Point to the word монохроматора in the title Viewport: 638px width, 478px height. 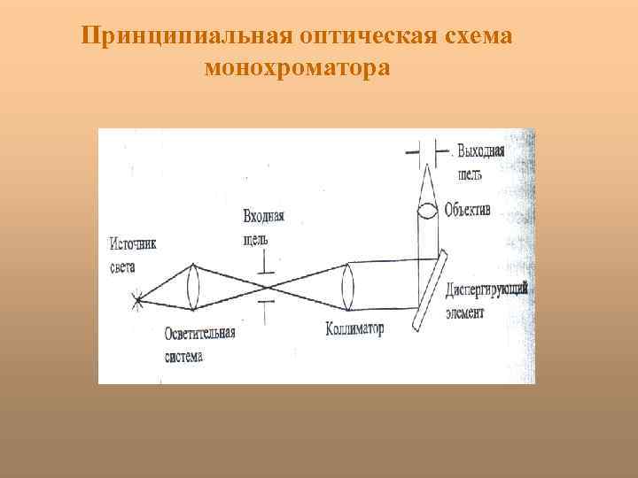[x=297, y=67]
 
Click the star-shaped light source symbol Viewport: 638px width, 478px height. [x=138, y=299]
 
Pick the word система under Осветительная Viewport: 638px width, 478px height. [x=183, y=356]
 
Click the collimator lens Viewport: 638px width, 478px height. [x=347, y=286]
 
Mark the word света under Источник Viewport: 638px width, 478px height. [x=123, y=266]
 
